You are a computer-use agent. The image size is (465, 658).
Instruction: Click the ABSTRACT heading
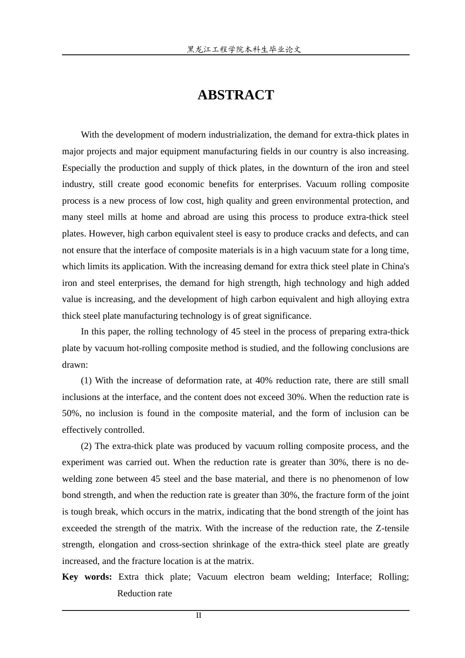point(235,95)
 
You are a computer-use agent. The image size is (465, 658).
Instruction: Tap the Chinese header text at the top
point(244,49)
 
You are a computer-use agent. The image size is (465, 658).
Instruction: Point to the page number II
point(199,615)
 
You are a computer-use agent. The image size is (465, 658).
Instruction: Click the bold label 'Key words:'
point(87,577)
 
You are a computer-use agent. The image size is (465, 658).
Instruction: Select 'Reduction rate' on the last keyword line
point(144,593)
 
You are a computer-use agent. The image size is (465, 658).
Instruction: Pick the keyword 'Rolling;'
point(394,577)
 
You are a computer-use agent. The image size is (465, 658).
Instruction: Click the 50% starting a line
point(71,413)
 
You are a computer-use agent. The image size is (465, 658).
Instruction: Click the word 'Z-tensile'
point(392,528)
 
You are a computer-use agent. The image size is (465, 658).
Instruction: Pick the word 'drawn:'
point(75,365)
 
